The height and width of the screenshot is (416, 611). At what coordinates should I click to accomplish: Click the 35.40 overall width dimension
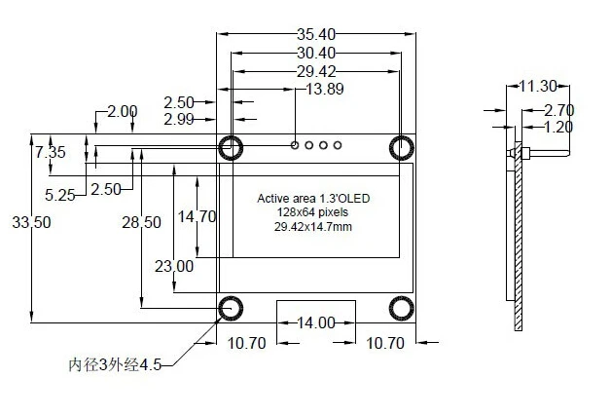coord(317,34)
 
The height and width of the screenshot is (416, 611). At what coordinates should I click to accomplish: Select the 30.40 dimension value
coord(317,53)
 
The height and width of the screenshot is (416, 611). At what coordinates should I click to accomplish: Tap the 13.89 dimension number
coord(324,90)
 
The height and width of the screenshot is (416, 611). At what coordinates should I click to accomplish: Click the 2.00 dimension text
coord(122,112)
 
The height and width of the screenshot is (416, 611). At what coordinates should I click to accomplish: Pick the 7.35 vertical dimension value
coord(51,153)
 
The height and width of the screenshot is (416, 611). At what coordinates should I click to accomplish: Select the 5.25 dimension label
coord(59,195)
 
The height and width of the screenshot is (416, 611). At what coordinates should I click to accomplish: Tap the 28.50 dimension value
coord(141,222)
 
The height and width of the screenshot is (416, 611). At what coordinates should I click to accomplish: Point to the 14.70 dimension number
coord(197,216)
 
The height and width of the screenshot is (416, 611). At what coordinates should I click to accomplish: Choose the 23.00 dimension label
coord(173,265)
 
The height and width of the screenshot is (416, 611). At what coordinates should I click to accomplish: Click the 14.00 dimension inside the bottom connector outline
coord(316,322)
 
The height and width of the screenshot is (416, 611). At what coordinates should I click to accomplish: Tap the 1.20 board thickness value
coord(557,127)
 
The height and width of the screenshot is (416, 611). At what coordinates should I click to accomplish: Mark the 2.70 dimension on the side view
coord(557,109)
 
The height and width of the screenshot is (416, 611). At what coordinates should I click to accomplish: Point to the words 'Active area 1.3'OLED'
coord(313,199)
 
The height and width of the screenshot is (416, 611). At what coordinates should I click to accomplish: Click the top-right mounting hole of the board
coord(401,147)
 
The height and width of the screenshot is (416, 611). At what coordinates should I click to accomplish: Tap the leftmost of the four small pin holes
coord(295,145)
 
